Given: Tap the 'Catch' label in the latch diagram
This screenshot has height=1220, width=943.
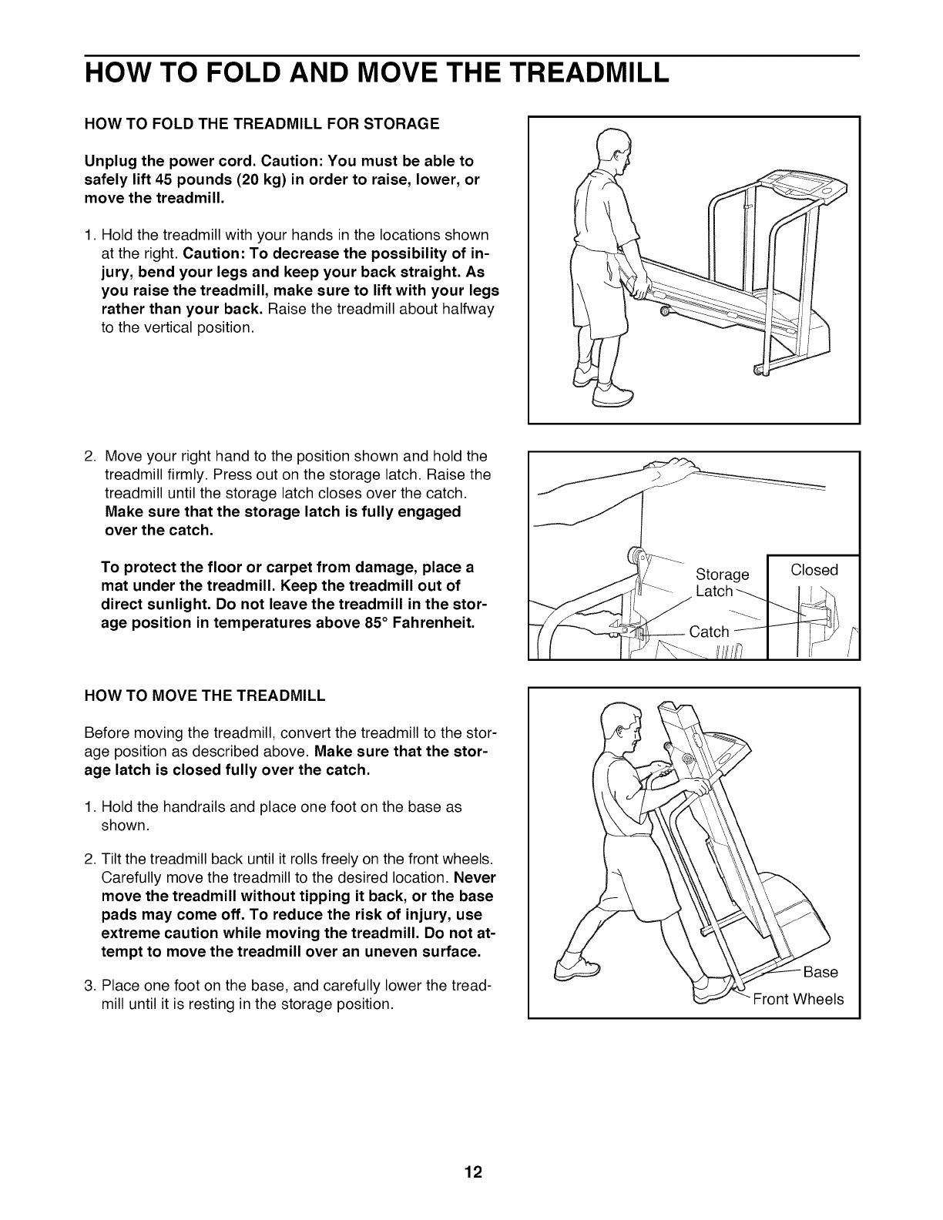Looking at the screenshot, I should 709,632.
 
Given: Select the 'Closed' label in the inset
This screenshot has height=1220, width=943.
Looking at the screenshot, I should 814,570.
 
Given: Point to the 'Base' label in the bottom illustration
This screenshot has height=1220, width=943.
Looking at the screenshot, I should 820,972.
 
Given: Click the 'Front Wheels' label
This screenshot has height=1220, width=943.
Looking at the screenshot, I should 798,1000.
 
